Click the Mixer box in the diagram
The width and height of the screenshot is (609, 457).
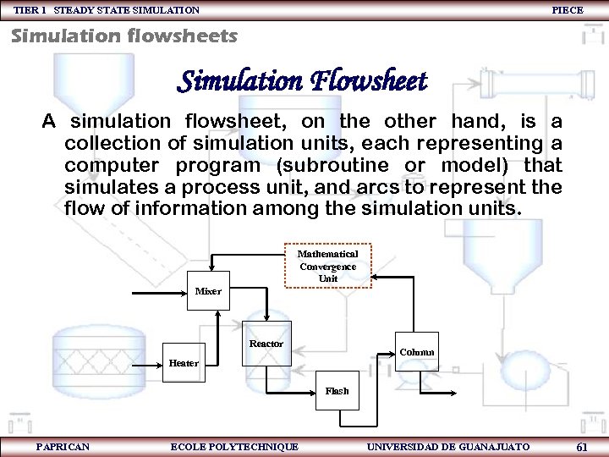click(208, 290)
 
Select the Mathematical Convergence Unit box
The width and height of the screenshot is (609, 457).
click(327, 266)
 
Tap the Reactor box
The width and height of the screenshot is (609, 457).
click(266, 344)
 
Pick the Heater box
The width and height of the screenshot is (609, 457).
click(184, 363)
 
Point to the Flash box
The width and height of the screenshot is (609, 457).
click(337, 391)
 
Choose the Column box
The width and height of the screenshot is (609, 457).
click(417, 352)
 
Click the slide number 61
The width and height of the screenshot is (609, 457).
click(581, 447)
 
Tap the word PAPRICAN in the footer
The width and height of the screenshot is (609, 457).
click(63, 447)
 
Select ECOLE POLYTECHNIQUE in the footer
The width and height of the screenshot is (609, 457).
click(234, 447)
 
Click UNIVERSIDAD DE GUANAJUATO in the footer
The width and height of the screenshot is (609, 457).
click(448, 447)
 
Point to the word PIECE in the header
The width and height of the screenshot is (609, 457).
click(568, 10)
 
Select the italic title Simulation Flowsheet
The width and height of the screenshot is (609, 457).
click(302, 81)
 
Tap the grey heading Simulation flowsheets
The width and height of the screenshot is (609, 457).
click(123, 36)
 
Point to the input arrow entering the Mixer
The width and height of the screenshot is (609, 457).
click(161, 292)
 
